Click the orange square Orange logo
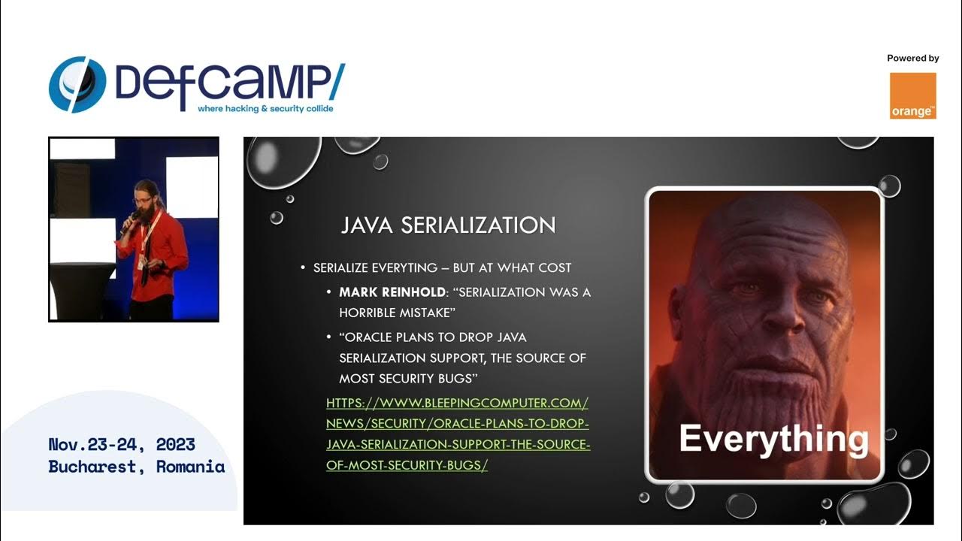[x=912, y=95]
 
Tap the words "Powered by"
[x=912, y=58]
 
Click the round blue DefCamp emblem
[x=77, y=84]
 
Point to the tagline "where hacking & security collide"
[x=265, y=109]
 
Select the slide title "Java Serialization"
[x=448, y=225]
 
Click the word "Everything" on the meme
[x=773, y=439]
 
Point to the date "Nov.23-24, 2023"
[x=122, y=444]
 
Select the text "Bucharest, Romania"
[x=137, y=467]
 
